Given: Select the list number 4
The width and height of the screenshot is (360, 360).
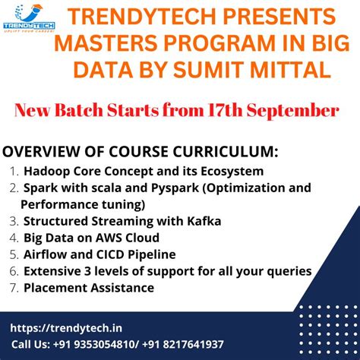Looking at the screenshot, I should tap(15, 238).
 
